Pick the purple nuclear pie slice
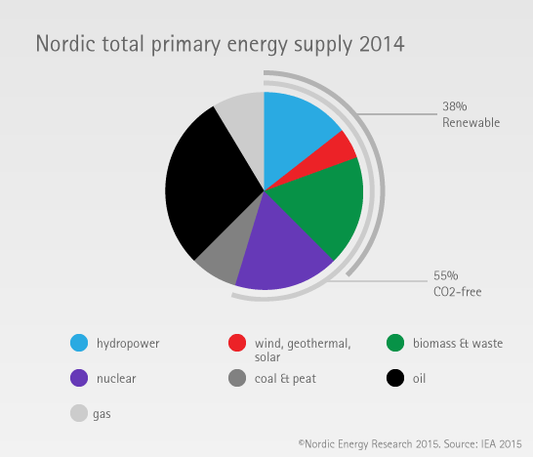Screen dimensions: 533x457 coord(282,252)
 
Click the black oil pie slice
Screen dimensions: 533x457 coord(207,184)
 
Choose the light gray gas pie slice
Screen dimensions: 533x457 coord(246,129)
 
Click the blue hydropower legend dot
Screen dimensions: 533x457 coord(79,343)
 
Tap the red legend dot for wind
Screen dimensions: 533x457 coord(237,343)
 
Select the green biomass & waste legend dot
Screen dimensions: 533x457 coord(395,343)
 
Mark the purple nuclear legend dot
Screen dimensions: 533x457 coord(79,378)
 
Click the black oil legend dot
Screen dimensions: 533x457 coord(395,378)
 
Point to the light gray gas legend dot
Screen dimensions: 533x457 coord(79,413)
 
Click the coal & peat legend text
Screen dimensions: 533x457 coord(285,379)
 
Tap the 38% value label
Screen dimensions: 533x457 coord(455,106)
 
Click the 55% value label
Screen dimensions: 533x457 coord(446,275)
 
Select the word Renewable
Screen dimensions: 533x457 coord(471,122)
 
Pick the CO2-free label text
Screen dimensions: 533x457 coord(458,291)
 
